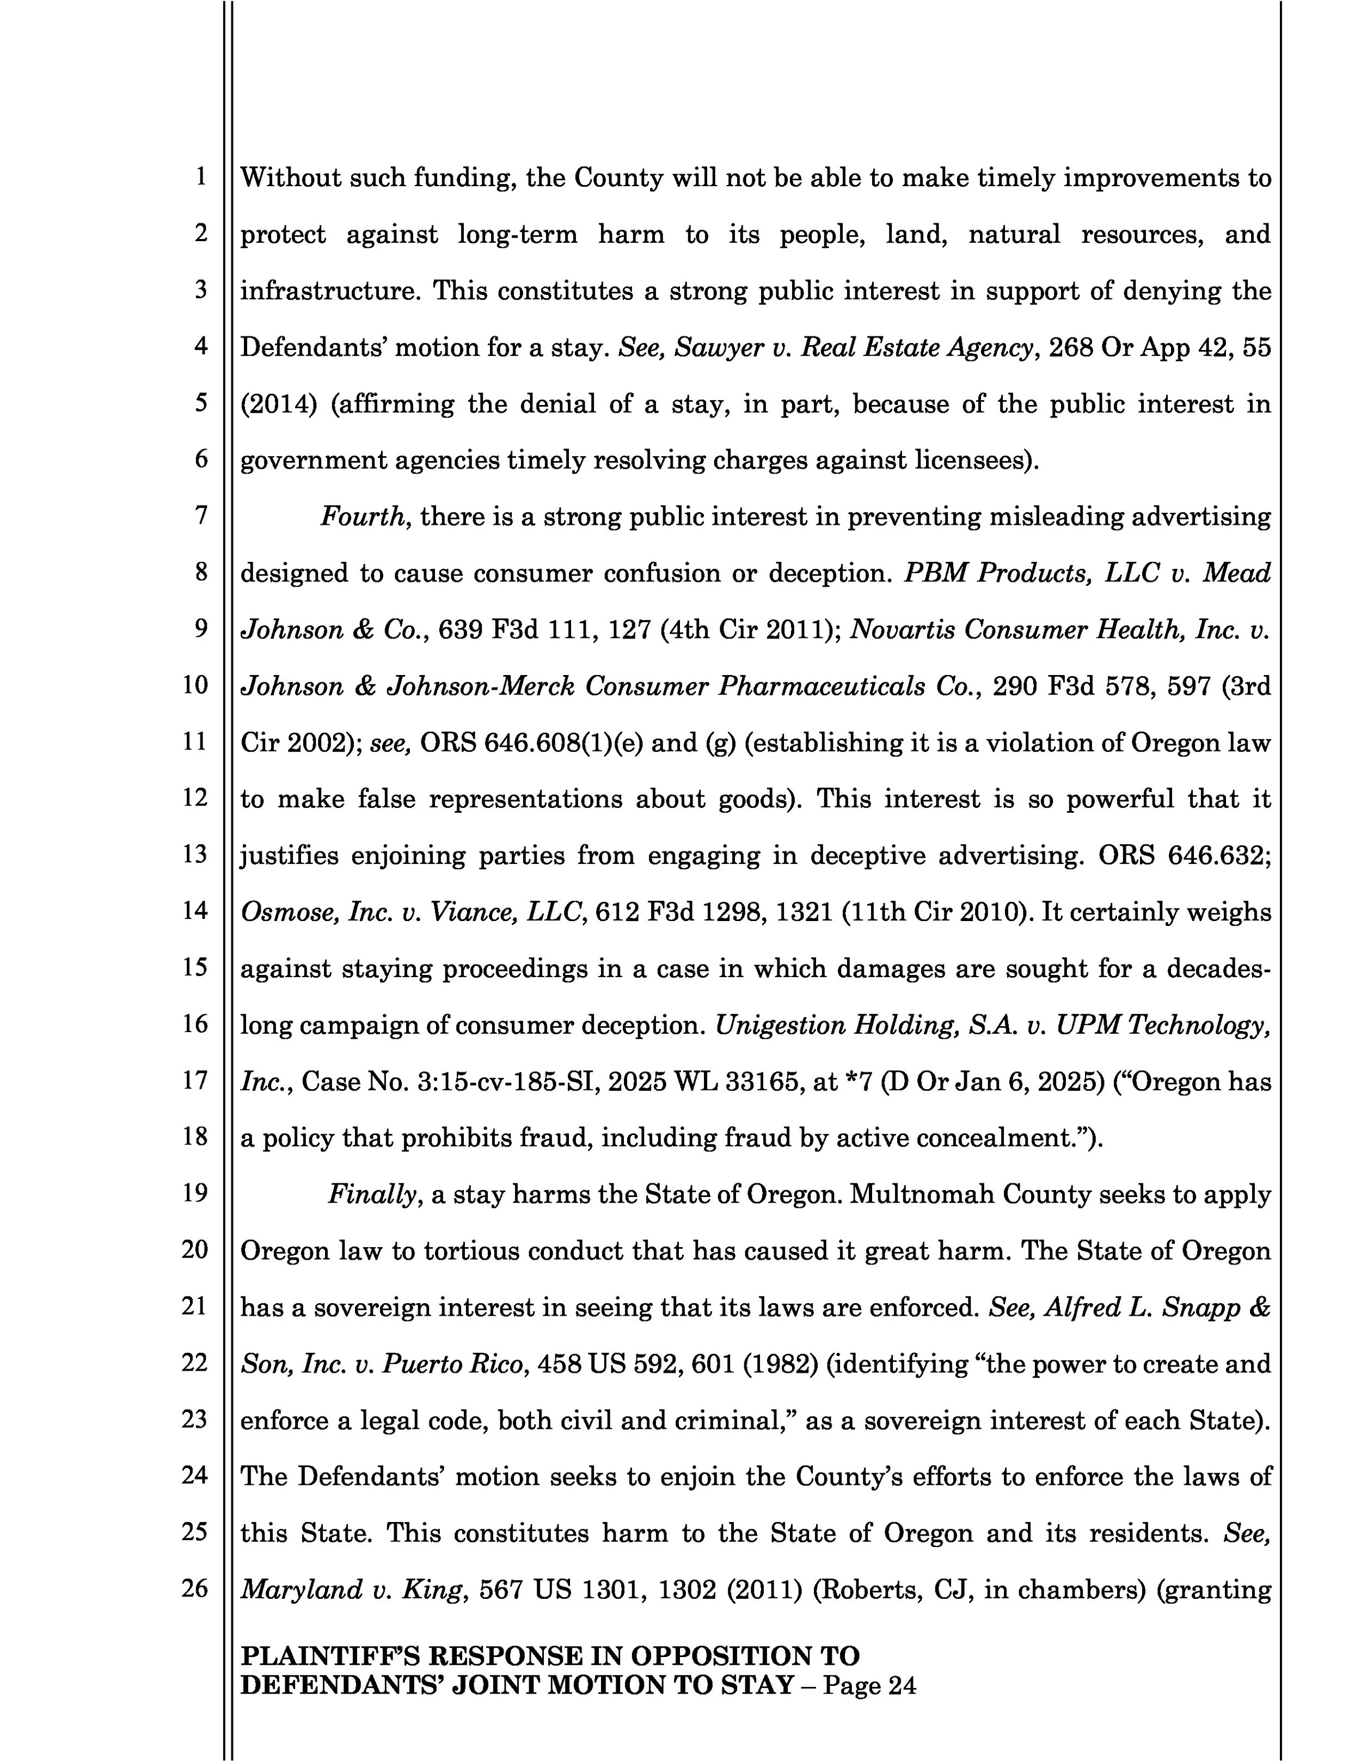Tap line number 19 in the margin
(195, 1193)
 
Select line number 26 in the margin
(195, 1588)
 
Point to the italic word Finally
(375, 1194)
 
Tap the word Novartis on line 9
(903, 630)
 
